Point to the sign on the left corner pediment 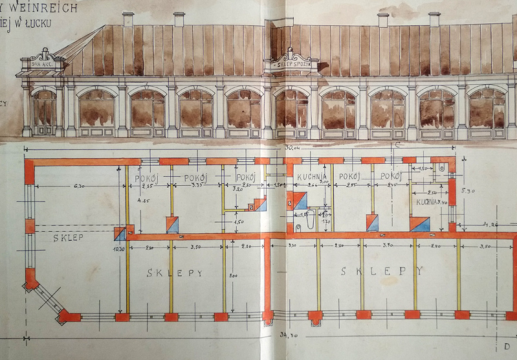[x=43, y=63]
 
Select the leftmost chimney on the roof [x=128, y=19]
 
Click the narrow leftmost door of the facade [x=44, y=112]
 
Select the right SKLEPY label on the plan [x=382, y=271]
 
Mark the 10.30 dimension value [x=119, y=250]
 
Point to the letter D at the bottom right [x=506, y=344]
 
